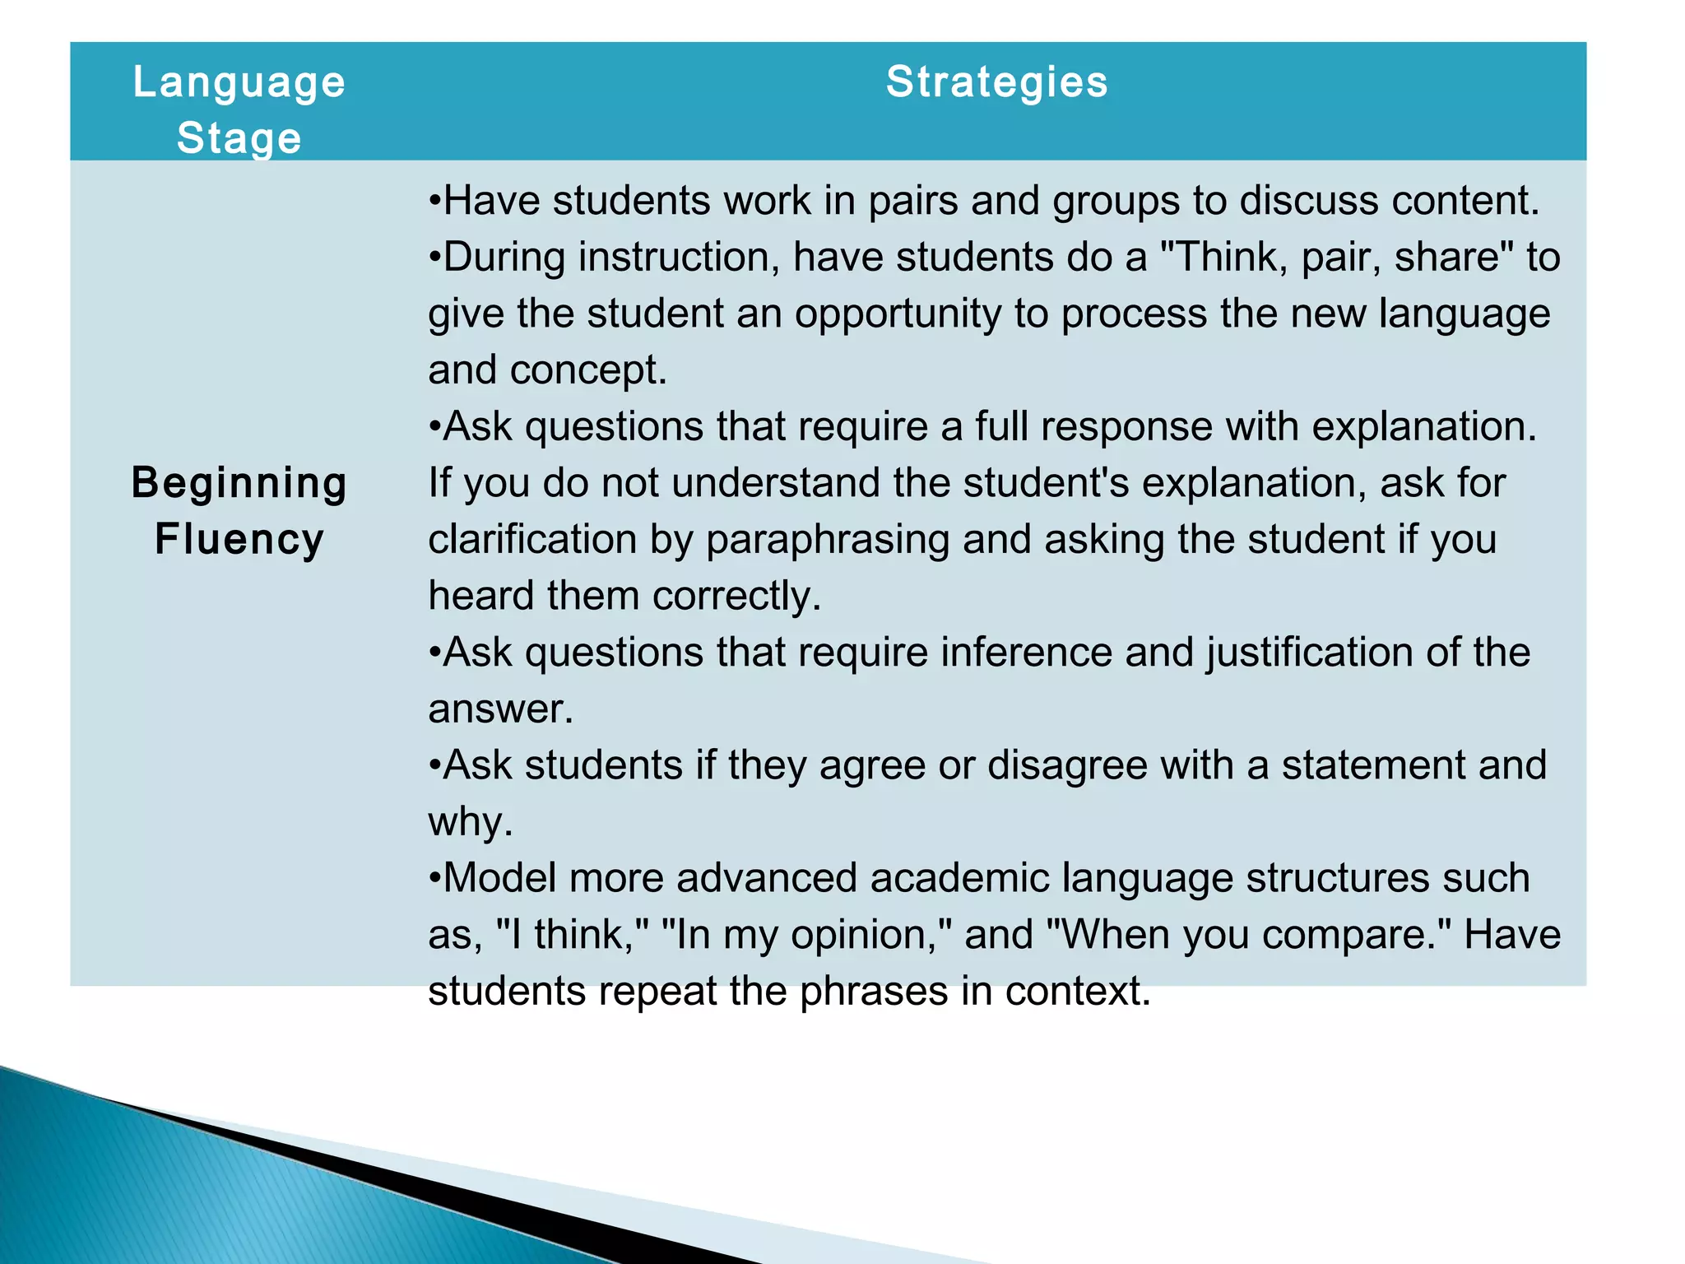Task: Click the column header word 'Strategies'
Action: pyautogui.click(x=996, y=82)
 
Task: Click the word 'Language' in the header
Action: pyautogui.click(x=239, y=82)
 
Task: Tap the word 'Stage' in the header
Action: pyautogui.click(x=239, y=137)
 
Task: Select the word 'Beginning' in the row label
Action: pyautogui.click(x=239, y=483)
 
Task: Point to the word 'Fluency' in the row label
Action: pyautogui.click(x=239, y=540)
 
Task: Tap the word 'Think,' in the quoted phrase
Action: pyautogui.click(x=1224, y=258)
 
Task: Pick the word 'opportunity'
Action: pyautogui.click(x=898, y=314)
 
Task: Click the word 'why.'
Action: pyautogui.click(x=470, y=822)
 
